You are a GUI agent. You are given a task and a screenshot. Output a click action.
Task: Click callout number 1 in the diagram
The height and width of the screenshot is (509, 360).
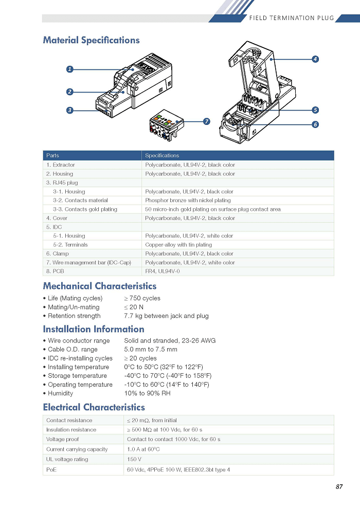point(70,69)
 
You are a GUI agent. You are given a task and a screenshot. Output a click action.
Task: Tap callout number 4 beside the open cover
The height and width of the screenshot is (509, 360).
point(315,59)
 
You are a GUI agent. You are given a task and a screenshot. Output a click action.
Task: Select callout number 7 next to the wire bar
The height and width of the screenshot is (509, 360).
point(206,121)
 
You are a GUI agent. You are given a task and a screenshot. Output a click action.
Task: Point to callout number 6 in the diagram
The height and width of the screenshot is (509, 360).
point(315,124)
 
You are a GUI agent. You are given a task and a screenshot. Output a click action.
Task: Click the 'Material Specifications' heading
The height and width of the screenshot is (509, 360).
point(91,40)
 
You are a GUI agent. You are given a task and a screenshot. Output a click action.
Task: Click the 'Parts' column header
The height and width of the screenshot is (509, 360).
point(52,155)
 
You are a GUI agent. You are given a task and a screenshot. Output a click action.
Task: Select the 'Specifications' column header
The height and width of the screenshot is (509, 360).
point(162,155)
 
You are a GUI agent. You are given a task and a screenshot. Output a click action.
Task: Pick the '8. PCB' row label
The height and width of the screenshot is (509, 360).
point(55,271)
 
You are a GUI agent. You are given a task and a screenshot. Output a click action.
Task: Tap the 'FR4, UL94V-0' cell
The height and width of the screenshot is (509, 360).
point(163,271)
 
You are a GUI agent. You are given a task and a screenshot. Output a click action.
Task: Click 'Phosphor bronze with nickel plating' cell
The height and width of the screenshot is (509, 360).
point(188,201)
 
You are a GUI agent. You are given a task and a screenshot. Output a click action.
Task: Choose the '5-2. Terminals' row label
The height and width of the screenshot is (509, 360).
point(70,245)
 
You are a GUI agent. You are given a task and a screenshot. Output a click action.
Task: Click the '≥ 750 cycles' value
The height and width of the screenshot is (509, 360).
point(142,298)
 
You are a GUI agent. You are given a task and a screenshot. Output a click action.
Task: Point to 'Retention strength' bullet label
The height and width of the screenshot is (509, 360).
point(74,316)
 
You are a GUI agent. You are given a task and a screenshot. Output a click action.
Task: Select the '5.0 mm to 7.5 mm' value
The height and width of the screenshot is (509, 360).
point(151,349)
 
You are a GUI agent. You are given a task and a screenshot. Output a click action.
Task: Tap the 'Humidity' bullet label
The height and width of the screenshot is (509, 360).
point(60,393)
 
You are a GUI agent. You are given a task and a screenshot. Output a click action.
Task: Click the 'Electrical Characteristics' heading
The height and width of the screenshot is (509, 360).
point(94,407)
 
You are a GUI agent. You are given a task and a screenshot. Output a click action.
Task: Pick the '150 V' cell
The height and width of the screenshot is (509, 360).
point(134,459)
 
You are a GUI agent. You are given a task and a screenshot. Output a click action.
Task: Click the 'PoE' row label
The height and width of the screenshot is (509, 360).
point(51,470)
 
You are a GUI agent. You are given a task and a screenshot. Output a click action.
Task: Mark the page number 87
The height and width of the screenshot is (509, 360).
point(339,486)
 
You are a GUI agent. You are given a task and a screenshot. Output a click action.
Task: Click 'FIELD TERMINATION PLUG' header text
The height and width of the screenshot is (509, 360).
point(292,18)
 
